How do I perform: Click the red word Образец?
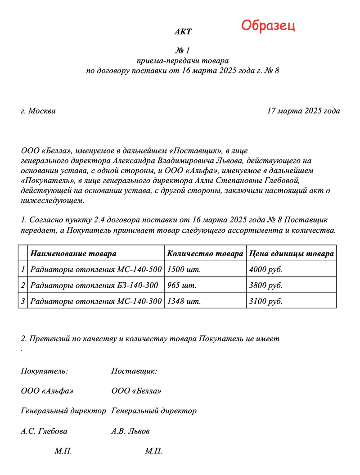(x=268, y=25)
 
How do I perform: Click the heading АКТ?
(x=183, y=32)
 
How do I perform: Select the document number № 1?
(x=183, y=50)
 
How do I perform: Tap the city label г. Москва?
(x=38, y=111)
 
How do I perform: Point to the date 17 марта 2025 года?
(x=303, y=111)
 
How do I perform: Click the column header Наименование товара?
(x=73, y=253)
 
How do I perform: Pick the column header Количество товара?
(x=205, y=253)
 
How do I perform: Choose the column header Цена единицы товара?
(x=291, y=253)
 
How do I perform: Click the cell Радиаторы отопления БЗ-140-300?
(x=94, y=285)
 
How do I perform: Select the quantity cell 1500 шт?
(x=184, y=270)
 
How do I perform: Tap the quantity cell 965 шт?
(x=181, y=285)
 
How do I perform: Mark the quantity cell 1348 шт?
(x=184, y=301)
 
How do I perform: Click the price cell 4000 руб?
(x=265, y=270)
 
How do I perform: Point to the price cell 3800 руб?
(x=265, y=285)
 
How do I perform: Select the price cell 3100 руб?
(x=265, y=301)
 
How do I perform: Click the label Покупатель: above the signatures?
(x=44, y=371)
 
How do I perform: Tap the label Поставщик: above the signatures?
(x=134, y=371)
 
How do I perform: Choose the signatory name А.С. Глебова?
(x=44, y=431)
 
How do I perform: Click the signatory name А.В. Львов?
(x=130, y=431)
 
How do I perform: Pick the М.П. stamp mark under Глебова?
(x=63, y=451)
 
